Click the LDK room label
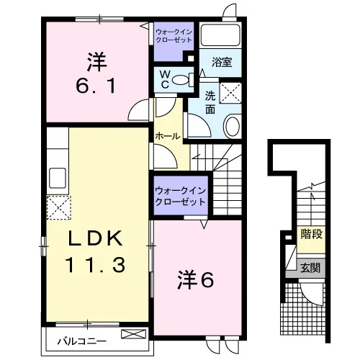tap(95, 238)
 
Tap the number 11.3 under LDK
tap(95, 264)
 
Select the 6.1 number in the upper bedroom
tap(96, 86)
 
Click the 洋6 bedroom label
tap(195, 280)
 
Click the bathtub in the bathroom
tap(220, 35)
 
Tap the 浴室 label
tap(222, 62)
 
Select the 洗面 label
tap(210, 103)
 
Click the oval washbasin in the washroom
tap(233, 126)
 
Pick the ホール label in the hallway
tap(168, 136)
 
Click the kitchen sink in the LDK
tap(58, 178)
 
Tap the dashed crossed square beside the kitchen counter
tap(58, 207)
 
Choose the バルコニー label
tap(81, 341)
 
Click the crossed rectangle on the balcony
tap(133, 334)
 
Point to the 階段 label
tap(312, 234)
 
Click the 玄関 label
tap(310, 268)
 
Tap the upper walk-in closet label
tap(174, 35)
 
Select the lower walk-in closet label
tap(180, 196)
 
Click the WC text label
tap(165, 79)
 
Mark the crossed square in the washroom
tap(230, 93)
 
